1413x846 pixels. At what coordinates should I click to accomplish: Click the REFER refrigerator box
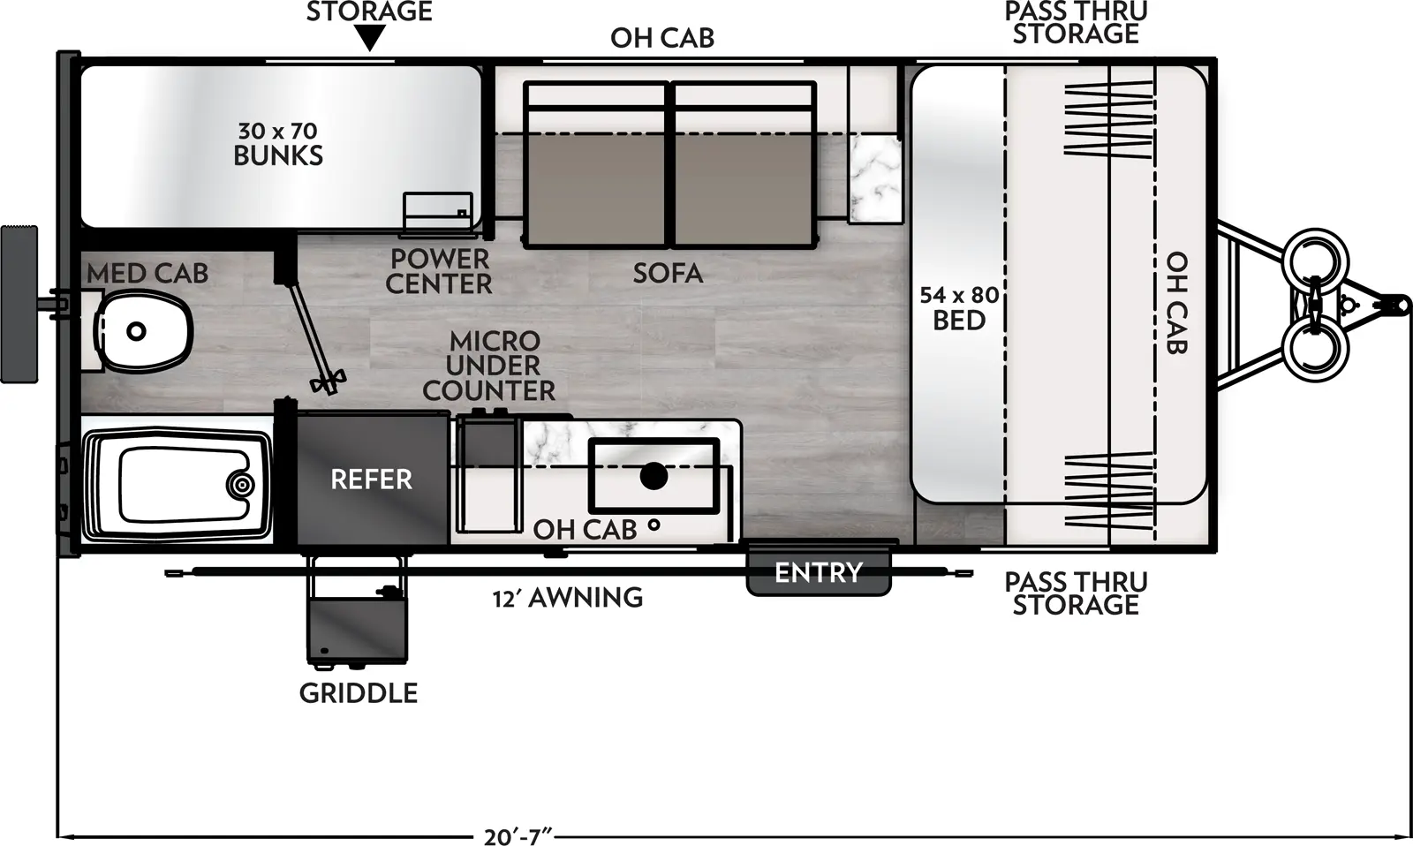[x=372, y=480]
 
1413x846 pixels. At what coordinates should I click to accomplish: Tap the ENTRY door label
[x=818, y=572]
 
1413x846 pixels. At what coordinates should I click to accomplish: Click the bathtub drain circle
[x=240, y=484]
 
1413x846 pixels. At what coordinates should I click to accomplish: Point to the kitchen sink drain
[x=654, y=476]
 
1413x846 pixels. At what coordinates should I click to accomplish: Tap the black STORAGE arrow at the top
[x=370, y=38]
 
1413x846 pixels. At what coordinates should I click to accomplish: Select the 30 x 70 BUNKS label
[x=278, y=144]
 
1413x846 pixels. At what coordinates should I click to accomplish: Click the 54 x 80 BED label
[x=958, y=307]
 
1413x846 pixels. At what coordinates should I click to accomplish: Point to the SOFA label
[x=668, y=273]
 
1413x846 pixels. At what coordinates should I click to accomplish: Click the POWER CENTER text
[x=439, y=271]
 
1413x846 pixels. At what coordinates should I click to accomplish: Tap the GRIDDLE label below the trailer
[x=359, y=692]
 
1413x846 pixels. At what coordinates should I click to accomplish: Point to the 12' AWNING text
[x=568, y=598]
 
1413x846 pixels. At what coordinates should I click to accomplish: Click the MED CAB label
[x=147, y=274]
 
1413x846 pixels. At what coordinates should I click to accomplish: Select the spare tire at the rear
[x=19, y=304]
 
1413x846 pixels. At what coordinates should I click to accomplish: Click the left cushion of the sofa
[x=596, y=168]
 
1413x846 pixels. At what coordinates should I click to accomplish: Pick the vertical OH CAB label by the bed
[x=1176, y=303]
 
